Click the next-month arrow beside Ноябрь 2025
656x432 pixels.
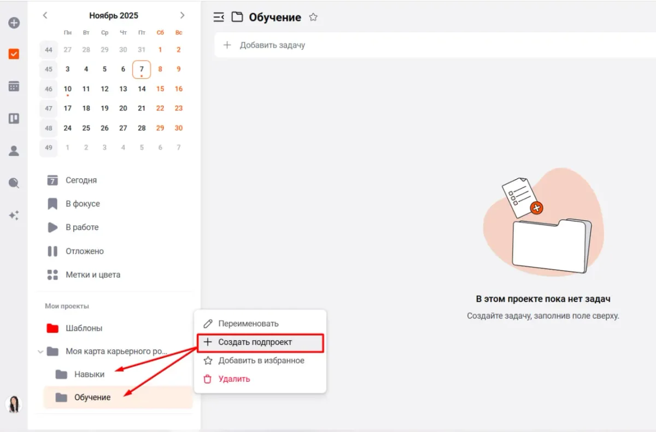182,15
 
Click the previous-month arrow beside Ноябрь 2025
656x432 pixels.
45,15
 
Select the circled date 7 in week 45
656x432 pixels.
142,69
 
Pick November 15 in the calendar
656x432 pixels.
160,89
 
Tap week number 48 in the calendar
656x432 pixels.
49,128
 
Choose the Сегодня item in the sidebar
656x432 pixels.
81,180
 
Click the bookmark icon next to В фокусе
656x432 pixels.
52,204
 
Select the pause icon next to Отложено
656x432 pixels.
52,251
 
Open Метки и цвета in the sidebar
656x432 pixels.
93,275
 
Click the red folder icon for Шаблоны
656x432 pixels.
52,328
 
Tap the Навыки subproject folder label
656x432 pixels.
89,374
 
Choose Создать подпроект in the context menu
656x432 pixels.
255,342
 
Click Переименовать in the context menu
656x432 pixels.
248,324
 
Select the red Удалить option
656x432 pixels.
234,379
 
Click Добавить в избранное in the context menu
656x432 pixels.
261,360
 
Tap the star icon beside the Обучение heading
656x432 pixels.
313,17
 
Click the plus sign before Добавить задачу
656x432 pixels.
227,45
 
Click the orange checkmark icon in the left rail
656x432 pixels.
14,54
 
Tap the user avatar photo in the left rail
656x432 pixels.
14,404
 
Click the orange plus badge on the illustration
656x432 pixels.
536,208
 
